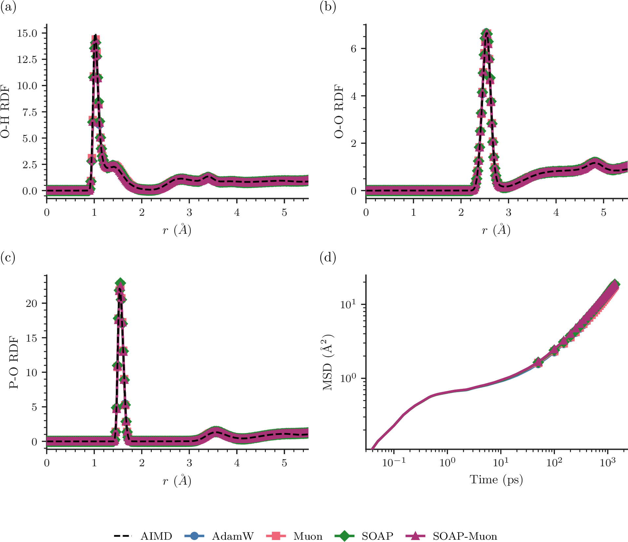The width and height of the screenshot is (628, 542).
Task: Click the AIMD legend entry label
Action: pyautogui.click(x=156, y=536)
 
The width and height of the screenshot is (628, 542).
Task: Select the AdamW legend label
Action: pyautogui.click(x=233, y=536)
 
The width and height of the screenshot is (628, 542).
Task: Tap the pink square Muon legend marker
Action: pyautogui.click(x=276, y=536)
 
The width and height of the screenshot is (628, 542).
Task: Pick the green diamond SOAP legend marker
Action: pyautogui.click(x=344, y=536)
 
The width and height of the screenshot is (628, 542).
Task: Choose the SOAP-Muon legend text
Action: pyautogui.click(x=465, y=536)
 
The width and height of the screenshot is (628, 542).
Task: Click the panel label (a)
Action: pyautogui.click(x=8, y=7)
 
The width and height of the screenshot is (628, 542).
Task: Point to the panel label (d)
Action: pyautogui.click(x=328, y=258)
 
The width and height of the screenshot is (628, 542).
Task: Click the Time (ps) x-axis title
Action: pyautogui.click(x=496, y=480)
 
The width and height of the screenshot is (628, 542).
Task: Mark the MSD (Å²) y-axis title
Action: pyautogui.click(x=328, y=362)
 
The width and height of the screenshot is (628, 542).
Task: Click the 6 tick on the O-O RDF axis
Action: pyautogui.click(x=353, y=49)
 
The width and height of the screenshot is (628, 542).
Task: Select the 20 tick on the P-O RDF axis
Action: pyautogui.click(x=32, y=303)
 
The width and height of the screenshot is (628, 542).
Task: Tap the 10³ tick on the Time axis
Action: pyautogui.click(x=608, y=463)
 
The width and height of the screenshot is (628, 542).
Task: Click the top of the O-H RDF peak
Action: pyautogui.click(x=95, y=35)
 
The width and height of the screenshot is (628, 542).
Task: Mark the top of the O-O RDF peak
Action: pyautogui.click(x=487, y=31)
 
